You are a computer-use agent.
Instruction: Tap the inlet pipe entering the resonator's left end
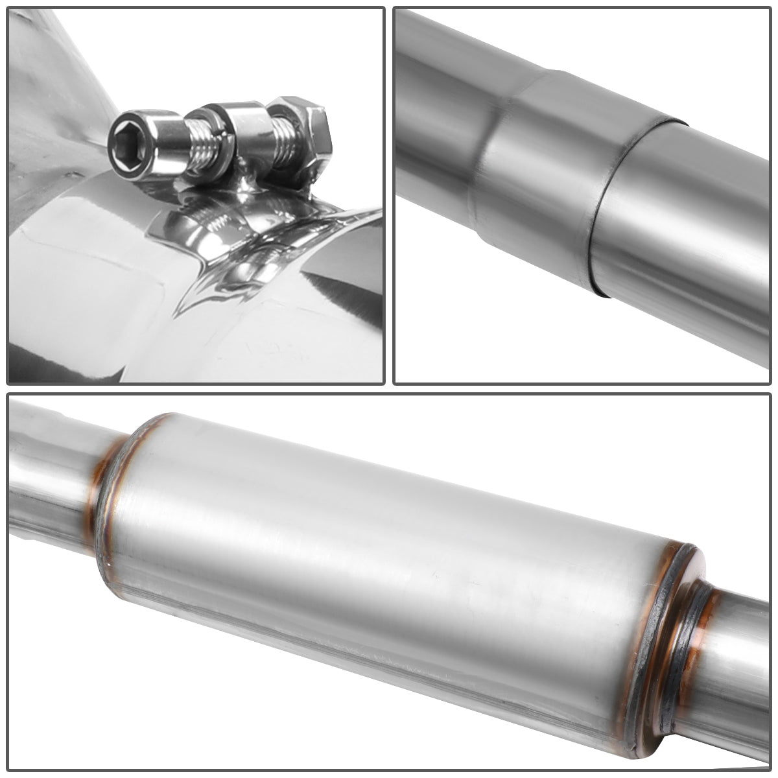(52, 480)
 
